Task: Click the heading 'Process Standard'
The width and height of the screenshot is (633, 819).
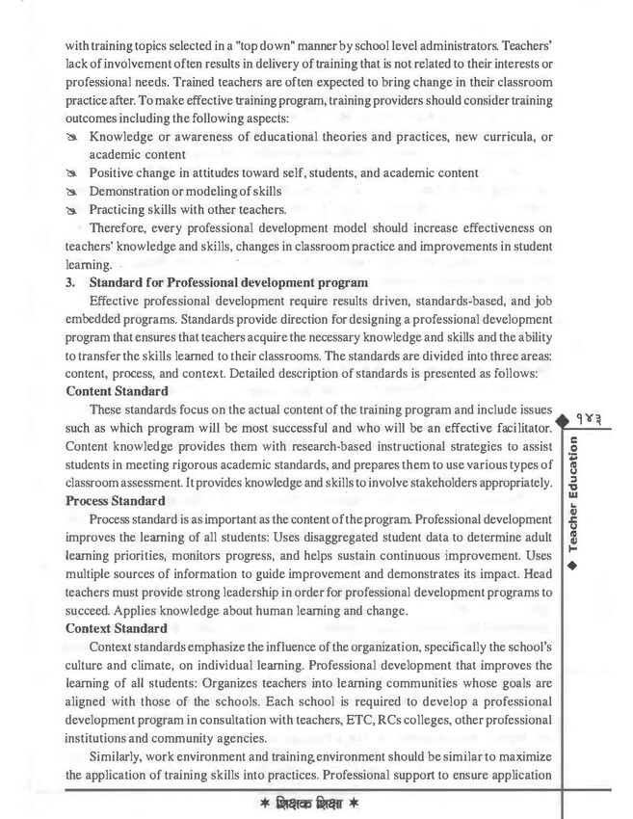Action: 119,501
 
